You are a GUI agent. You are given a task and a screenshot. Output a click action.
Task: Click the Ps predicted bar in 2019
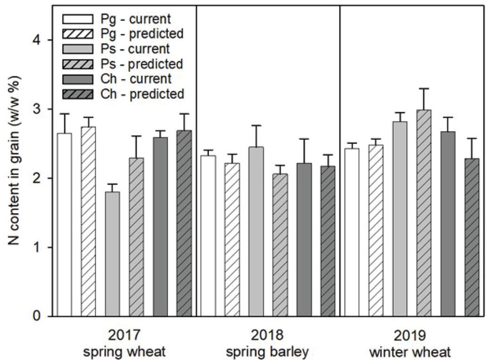pyautogui.click(x=424, y=213)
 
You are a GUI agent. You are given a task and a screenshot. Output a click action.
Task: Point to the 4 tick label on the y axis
pyautogui.click(x=36, y=41)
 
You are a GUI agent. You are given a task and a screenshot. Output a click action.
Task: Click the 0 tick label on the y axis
pyautogui.click(x=36, y=316)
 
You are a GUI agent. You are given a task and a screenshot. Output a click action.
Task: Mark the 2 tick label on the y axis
pyautogui.click(x=36, y=178)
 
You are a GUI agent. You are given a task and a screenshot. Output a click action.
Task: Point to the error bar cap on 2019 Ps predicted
pyautogui.click(x=424, y=88)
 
